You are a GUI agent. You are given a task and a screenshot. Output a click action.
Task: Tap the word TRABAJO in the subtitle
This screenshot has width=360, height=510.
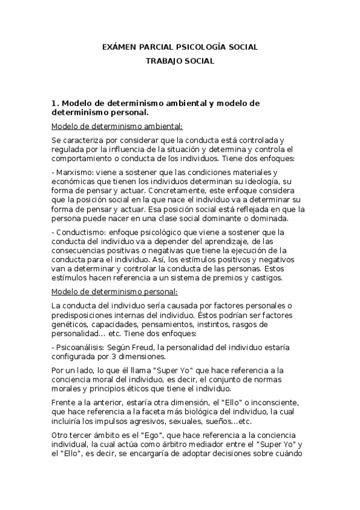(x=165, y=61)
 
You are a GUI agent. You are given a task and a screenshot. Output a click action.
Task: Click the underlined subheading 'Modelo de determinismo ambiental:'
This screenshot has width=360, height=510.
(x=117, y=126)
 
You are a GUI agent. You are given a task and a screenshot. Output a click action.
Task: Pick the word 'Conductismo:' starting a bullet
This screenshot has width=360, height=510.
(x=78, y=232)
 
